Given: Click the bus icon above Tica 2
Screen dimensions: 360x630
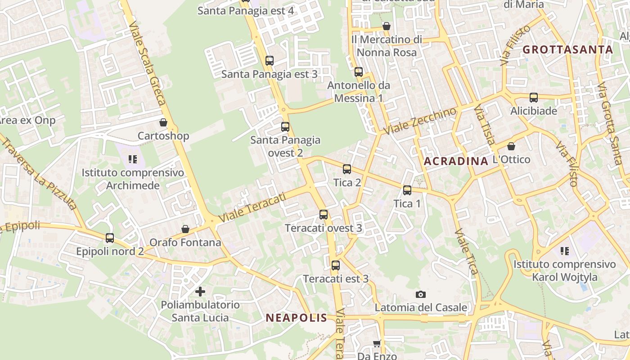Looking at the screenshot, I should [x=346, y=169].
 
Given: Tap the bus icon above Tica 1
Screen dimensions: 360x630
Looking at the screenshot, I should [x=407, y=190].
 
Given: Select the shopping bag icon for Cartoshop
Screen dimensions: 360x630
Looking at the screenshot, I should [x=163, y=122].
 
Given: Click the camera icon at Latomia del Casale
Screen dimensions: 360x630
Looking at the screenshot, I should [x=420, y=294].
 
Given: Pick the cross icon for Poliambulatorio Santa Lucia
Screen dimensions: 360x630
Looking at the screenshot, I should [x=200, y=292].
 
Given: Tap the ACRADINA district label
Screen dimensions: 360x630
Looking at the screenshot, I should [x=456, y=161].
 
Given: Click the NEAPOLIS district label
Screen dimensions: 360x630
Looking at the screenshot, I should [x=296, y=318].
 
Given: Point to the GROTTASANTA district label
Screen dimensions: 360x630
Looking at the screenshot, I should [x=568, y=49].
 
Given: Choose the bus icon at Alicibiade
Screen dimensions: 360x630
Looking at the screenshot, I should [x=533, y=97].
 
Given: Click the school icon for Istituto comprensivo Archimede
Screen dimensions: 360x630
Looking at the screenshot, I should [x=132, y=159].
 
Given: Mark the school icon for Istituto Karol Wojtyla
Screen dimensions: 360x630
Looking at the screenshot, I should [x=565, y=251].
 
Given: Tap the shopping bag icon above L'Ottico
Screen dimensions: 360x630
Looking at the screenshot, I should [x=511, y=146].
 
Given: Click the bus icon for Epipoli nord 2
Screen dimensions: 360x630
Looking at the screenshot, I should [x=109, y=238].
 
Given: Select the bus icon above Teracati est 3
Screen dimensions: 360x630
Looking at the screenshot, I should [x=335, y=265].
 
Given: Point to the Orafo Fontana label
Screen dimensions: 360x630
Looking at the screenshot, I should [x=185, y=243].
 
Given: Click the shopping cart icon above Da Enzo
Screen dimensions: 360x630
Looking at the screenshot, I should [x=377, y=343].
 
